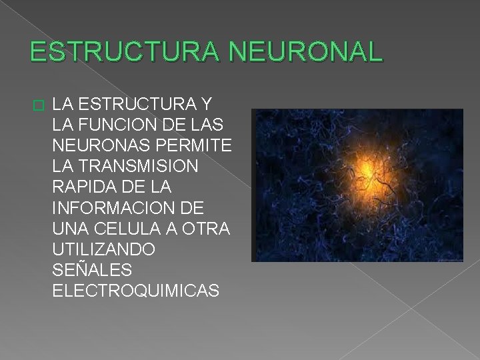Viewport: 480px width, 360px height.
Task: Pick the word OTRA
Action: point(207,229)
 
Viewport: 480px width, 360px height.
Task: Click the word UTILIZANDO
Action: point(104,249)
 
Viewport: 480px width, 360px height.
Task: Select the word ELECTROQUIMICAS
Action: point(135,291)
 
